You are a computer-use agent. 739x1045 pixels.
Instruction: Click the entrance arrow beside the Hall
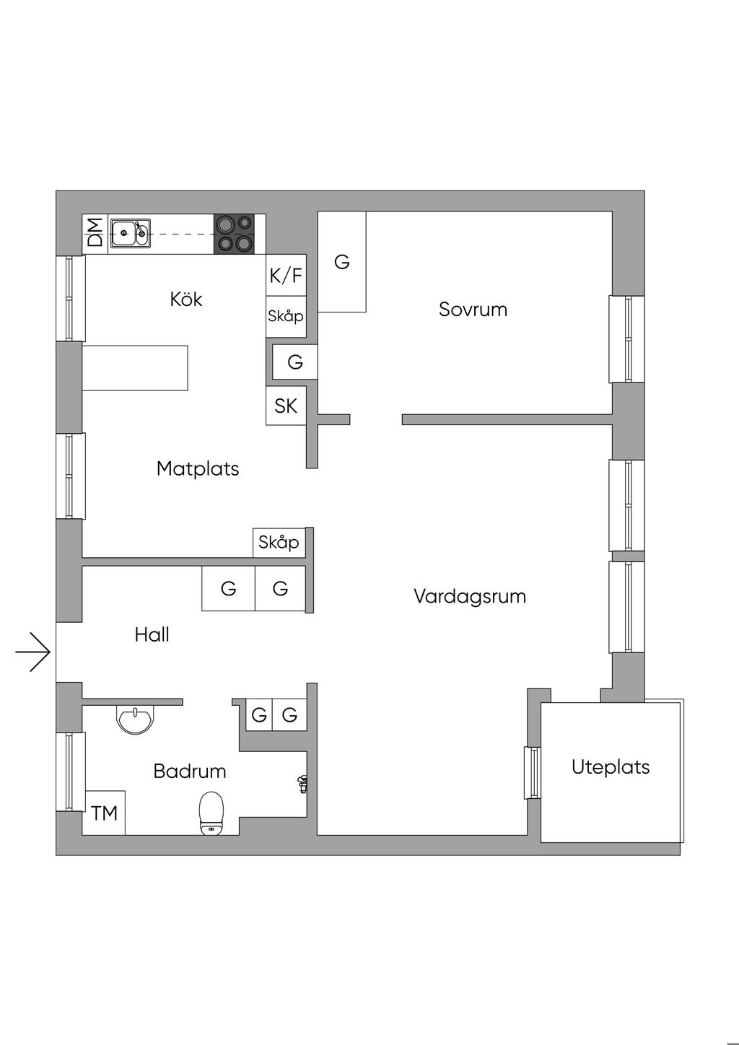(33, 652)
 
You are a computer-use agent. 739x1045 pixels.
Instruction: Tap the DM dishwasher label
(95, 233)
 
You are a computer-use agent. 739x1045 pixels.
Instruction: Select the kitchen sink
(131, 233)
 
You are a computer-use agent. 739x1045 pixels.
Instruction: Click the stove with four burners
(235, 233)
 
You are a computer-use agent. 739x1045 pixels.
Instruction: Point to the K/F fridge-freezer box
(286, 275)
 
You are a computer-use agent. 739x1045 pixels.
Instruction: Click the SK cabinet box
(286, 406)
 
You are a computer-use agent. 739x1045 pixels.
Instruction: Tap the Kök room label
(186, 299)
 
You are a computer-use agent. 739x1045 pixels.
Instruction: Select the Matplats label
(198, 468)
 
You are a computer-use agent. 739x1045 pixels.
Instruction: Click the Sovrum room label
(473, 310)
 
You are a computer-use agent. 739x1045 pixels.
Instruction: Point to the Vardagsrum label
(470, 596)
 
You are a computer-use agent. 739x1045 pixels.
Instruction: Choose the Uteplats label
(611, 766)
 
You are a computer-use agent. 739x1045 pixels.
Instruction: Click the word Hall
(152, 634)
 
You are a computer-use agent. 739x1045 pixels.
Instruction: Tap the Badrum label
(190, 771)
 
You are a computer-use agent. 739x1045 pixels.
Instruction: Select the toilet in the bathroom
(211, 813)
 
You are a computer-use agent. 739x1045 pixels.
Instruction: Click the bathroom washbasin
(134, 719)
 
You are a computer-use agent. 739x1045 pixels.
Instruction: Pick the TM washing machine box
(105, 813)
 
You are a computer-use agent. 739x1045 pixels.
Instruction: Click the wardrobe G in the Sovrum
(342, 262)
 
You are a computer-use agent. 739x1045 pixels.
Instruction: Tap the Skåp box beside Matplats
(279, 542)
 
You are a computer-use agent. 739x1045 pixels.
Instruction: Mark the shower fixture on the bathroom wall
(302, 784)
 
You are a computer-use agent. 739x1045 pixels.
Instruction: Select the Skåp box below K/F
(286, 316)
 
